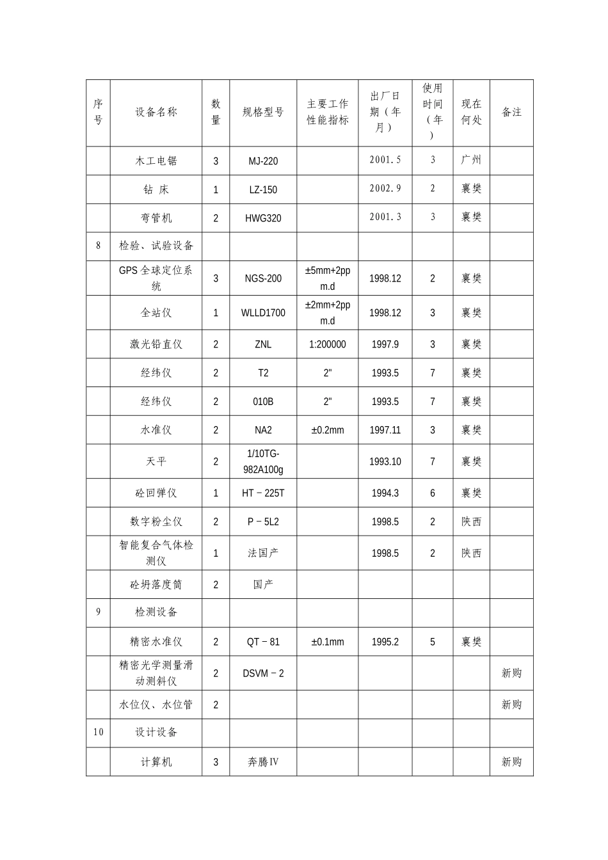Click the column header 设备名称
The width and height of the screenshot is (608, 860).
point(156,113)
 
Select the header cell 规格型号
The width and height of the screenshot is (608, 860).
point(263,113)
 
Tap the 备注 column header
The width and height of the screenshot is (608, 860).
point(511,113)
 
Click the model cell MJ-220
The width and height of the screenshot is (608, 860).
point(263,161)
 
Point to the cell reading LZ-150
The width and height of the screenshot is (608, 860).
point(263,190)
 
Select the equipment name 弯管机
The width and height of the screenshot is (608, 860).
point(156,218)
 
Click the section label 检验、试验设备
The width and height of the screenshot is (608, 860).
point(156,246)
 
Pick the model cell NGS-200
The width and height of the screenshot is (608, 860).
point(263,278)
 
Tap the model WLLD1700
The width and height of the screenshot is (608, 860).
point(263,313)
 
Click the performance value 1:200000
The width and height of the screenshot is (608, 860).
point(327,344)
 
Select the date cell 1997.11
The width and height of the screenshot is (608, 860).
point(385,430)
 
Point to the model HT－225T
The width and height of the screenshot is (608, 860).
point(263,493)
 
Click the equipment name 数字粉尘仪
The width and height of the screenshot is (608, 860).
point(156,522)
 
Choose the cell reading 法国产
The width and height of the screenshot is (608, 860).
point(263,553)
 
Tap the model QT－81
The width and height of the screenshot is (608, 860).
point(263,642)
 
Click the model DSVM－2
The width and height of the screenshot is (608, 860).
point(263,673)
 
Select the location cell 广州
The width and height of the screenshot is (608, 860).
point(471,160)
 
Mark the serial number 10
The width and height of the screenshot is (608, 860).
point(98,732)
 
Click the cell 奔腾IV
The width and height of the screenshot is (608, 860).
point(263,762)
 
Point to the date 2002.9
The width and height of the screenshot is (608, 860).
point(385,189)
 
